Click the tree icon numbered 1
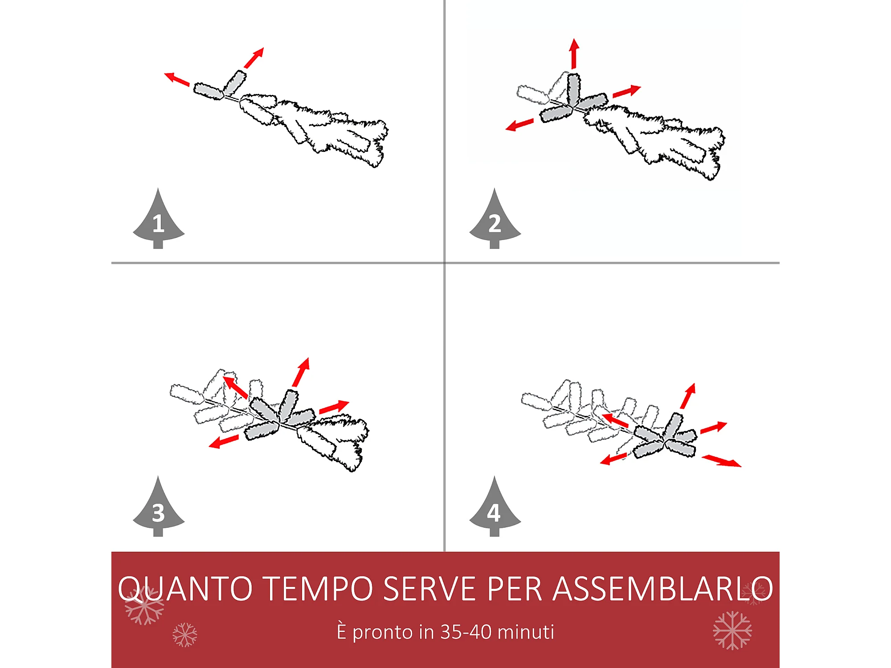(x=158, y=220)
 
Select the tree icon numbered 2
(x=495, y=220)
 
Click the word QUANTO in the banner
(x=185, y=589)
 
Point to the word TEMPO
(x=319, y=588)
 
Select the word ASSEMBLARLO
(x=663, y=588)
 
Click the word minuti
(x=526, y=632)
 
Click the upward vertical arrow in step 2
(x=574, y=53)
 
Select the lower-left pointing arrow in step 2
(x=519, y=125)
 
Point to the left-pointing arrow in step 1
(x=177, y=79)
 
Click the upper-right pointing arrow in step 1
(x=254, y=58)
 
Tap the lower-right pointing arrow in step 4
(x=722, y=461)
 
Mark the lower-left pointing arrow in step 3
(x=224, y=441)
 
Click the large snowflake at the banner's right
(x=732, y=630)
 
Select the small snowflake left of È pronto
(x=185, y=635)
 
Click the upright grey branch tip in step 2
(x=573, y=89)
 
